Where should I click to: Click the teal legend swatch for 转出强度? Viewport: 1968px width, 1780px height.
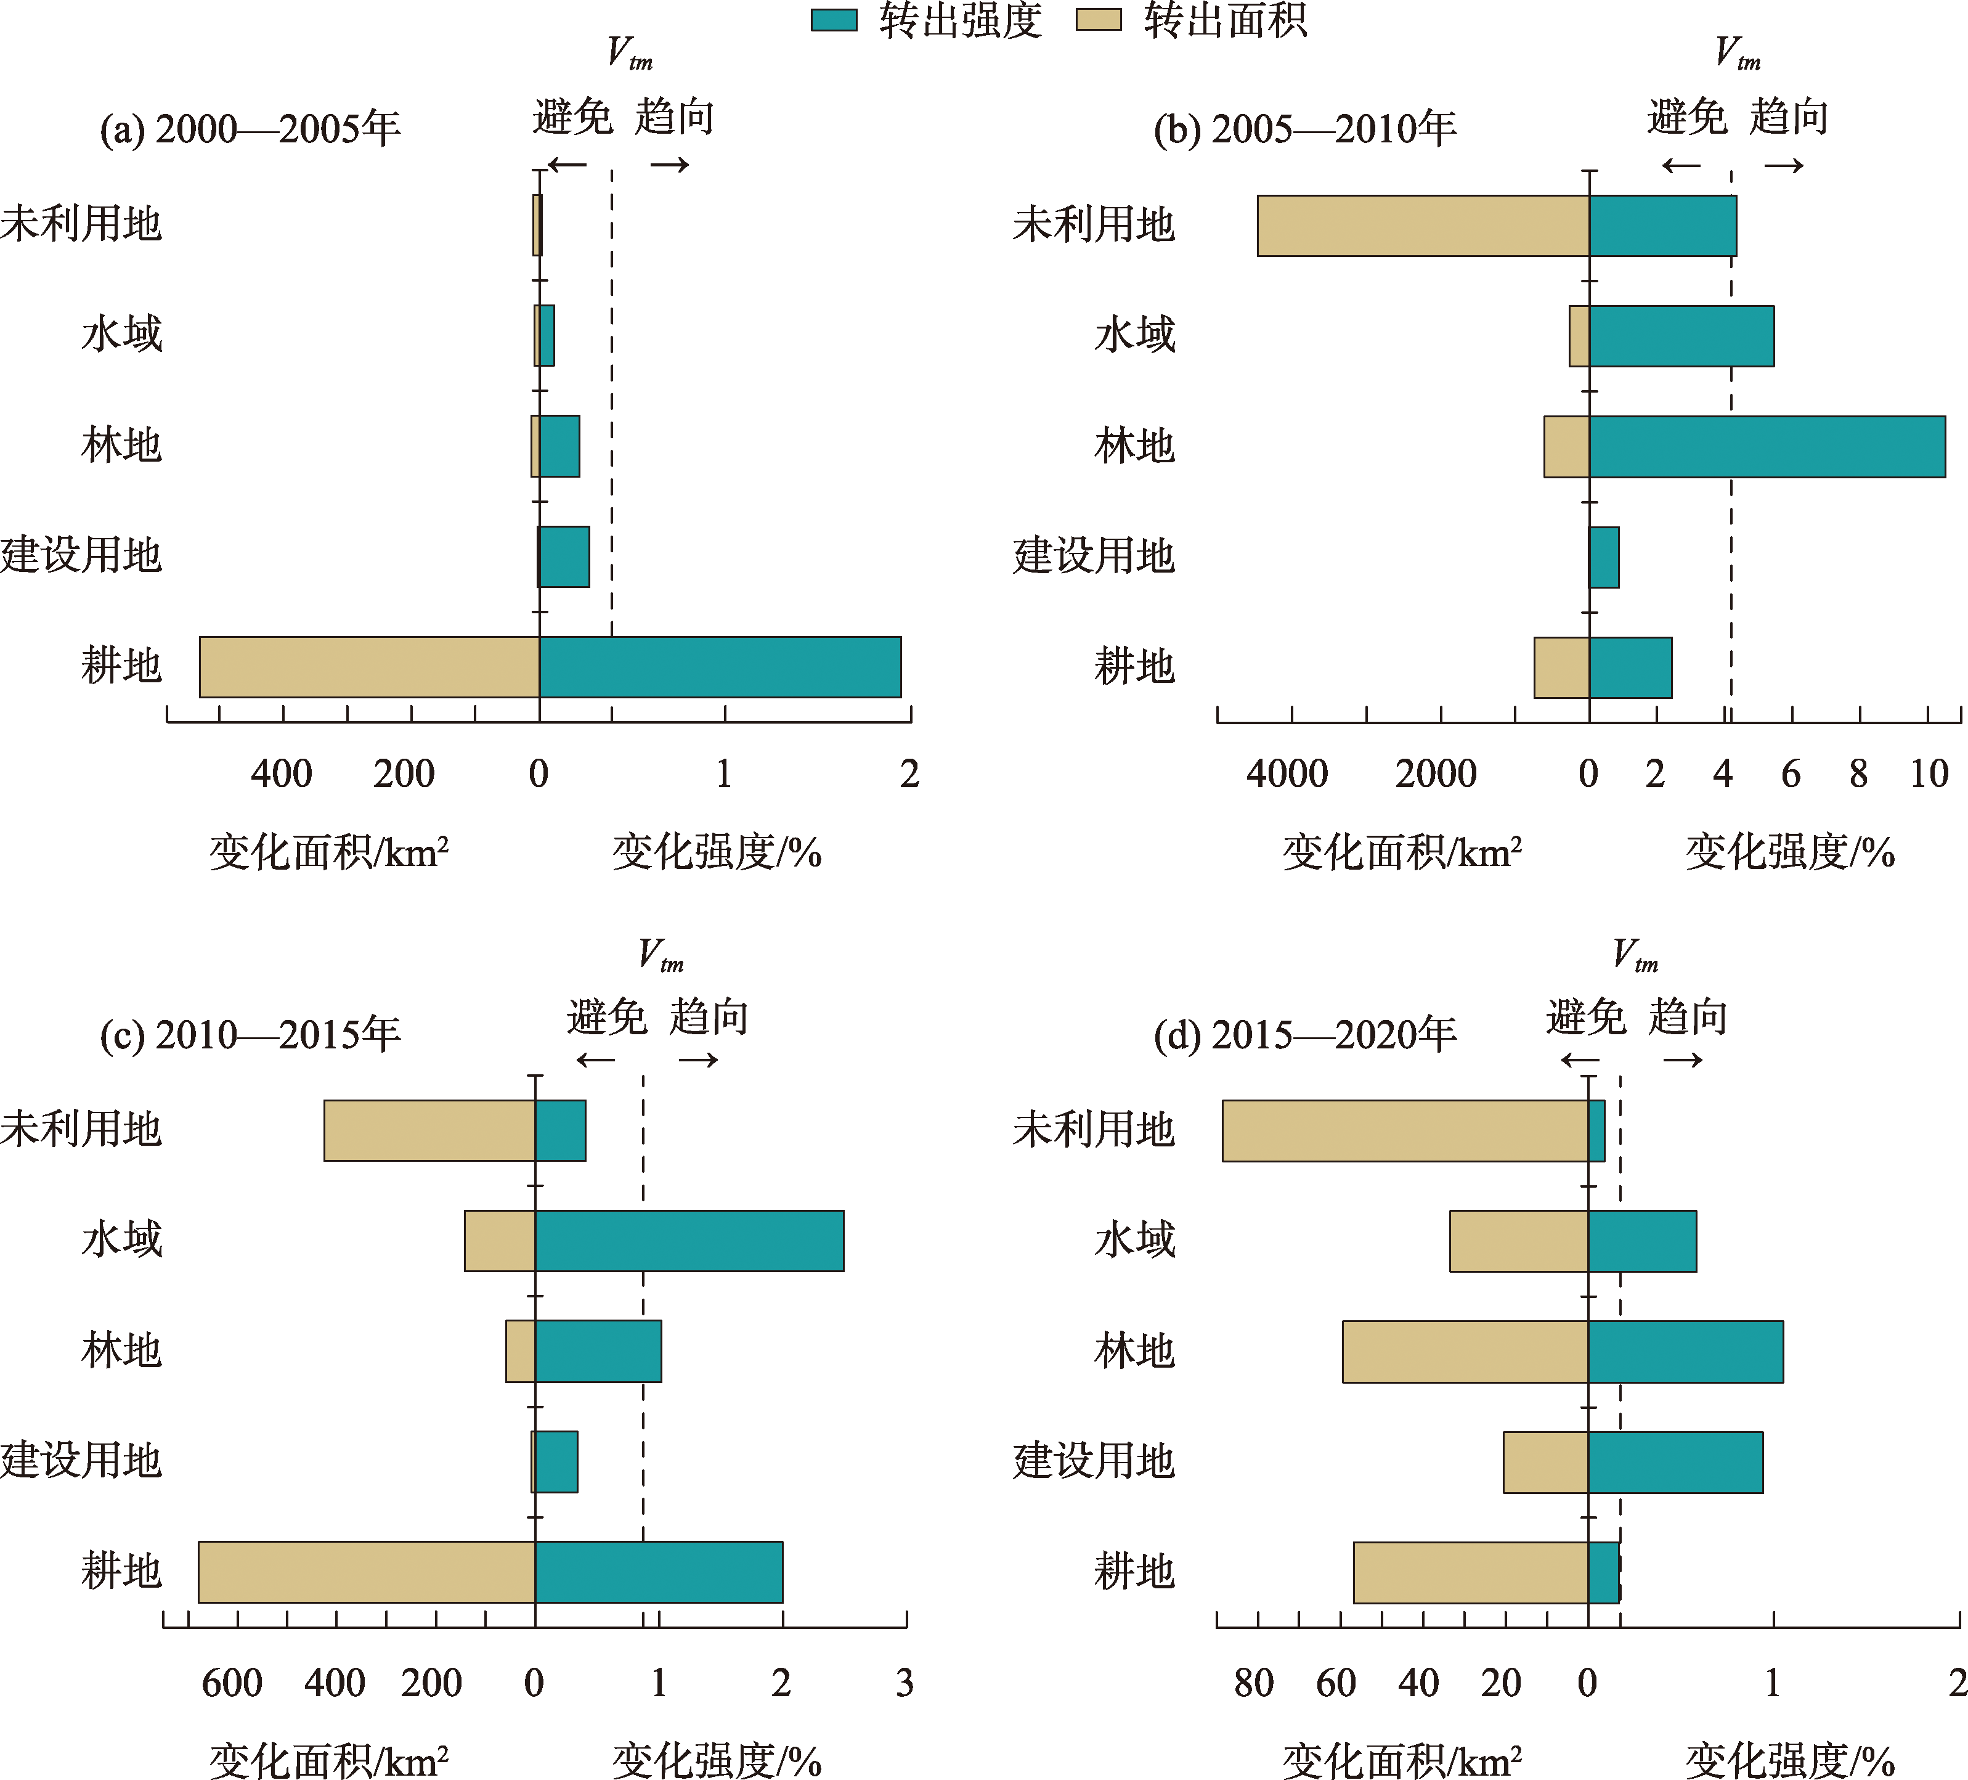[x=834, y=20]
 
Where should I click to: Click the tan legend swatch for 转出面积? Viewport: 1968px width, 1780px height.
[x=1098, y=20]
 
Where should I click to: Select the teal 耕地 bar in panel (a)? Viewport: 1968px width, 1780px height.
[x=720, y=667]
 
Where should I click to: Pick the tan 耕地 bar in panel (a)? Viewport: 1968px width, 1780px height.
[x=369, y=667]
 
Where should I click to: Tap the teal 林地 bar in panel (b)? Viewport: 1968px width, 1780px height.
[x=1767, y=446]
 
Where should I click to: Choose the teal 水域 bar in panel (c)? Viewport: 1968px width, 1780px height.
[x=689, y=1240]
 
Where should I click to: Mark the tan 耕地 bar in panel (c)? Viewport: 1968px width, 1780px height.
[x=366, y=1572]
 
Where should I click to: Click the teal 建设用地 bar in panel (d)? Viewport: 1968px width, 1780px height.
[x=1675, y=1462]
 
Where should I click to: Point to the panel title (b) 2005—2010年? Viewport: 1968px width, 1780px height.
[x=1305, y=129]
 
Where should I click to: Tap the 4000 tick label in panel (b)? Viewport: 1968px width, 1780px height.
[x=1287, y=774]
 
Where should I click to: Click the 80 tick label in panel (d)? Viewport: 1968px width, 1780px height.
[x=1253, y=1683]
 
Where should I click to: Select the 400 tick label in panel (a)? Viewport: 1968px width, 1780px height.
[x=281, y=774]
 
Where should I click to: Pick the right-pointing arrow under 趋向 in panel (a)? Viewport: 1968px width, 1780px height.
[x=670, y=164]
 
